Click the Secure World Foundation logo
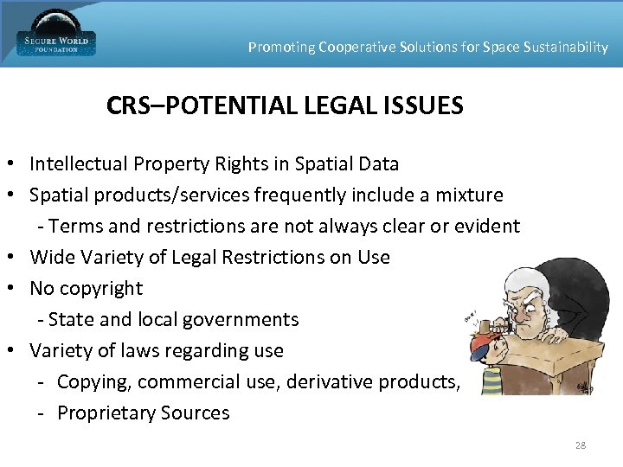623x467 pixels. pyautogui.click(x=55, y=35)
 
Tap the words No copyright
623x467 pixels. pyautogui.click(x=86, y=288)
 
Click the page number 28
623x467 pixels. pyautogui.click(x=580, y=445)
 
